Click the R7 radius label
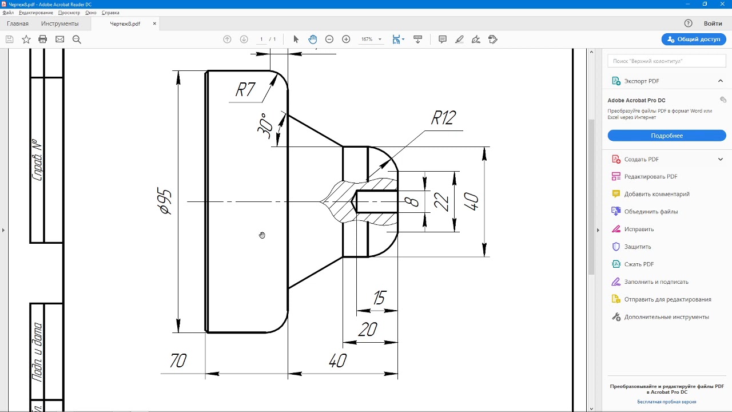(245, 90)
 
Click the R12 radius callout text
(443, 118)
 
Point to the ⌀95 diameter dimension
(164, 201)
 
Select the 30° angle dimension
(265, 126)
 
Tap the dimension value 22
(441, 201)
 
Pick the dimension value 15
(379, 298)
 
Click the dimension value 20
(368, 329)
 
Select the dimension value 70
(178, 360)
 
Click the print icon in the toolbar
(42, 39)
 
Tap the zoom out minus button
(329, 39)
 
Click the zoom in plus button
(346, 39)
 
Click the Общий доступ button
(694, 39)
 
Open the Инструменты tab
(60, 23)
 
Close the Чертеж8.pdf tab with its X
(154, 23)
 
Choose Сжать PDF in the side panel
(639, 264)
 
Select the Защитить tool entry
(638, 247)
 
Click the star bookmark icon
(26, 39)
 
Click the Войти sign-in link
(713, 23)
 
